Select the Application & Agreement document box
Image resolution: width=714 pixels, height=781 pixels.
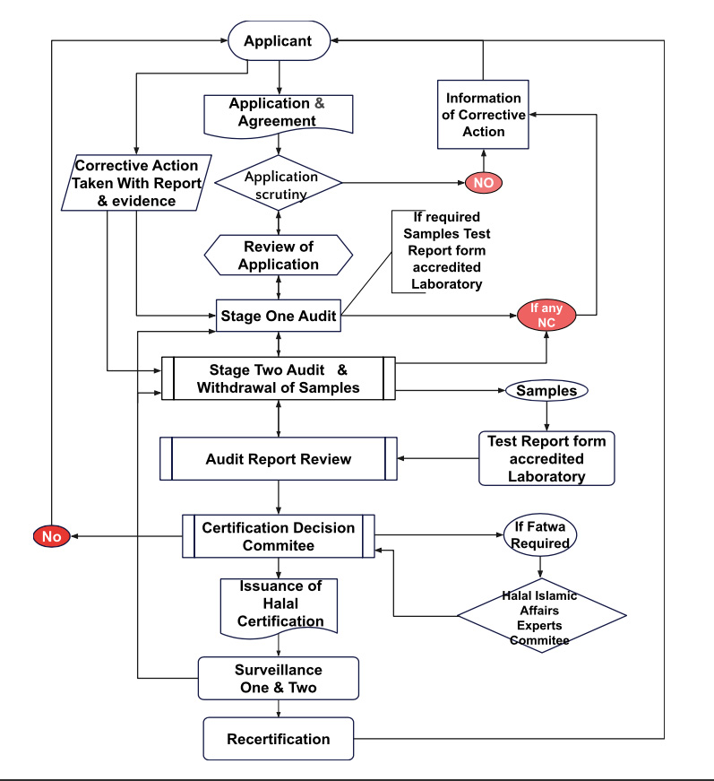click(x=278, y=112)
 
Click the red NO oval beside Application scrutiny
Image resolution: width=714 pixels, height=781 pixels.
click(x=483, y=182)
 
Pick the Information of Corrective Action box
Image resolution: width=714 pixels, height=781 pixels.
click(x=483, y=115)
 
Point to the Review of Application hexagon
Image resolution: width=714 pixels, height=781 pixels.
click(x=280, y=256)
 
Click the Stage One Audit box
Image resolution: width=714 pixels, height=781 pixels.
click(x=280, y=316)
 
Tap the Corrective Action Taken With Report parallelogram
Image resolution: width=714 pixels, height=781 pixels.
click(x=136, y=183)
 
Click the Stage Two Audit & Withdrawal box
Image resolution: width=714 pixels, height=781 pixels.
click(x=278, y=378)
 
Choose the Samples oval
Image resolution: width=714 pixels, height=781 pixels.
click(x=546, y=391)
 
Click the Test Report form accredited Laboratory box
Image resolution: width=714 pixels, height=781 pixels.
click(x=546, y=458)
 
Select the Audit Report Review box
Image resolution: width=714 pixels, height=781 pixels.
click(x=278, y=459)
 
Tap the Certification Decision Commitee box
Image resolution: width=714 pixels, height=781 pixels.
click(x=278, y=536)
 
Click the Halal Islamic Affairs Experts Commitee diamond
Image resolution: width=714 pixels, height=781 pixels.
click(x=541, y=617)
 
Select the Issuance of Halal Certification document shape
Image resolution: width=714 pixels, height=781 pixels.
click(x=279, y=604)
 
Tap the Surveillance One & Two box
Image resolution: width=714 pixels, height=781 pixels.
click(x=278, y=678)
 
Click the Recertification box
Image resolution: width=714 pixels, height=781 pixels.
click(x=278, y=740)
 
